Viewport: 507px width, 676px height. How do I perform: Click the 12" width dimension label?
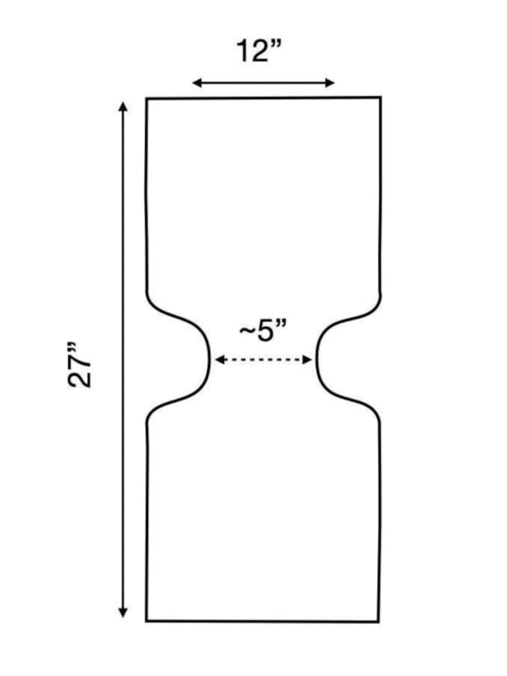pos(259,51)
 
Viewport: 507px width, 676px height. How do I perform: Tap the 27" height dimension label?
pos(80,364)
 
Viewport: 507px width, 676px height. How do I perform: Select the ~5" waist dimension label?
pos(263,331)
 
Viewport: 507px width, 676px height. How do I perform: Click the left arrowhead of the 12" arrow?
pos(197,83)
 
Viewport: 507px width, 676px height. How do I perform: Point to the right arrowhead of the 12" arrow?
pos(330,83)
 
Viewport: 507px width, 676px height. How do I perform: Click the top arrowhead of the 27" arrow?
pos(123,107)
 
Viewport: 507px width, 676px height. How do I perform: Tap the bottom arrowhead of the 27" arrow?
pos(123,612)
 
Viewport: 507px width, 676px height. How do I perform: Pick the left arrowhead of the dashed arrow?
pos(219,359)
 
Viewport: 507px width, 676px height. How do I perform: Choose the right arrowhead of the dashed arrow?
pos(307,359)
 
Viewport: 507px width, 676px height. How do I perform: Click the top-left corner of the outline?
pos(147,99)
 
